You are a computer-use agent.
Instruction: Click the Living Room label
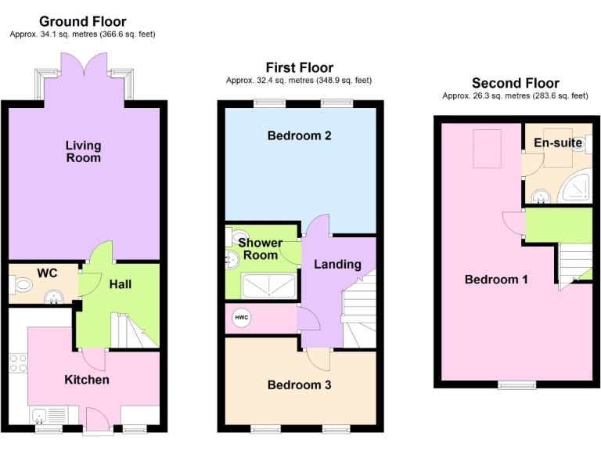point(83,151)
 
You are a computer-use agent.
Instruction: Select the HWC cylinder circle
point(242,319)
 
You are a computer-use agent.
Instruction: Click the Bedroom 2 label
point(299,135)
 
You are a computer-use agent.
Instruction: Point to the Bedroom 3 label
point(299,384)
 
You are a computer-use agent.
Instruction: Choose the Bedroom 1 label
point(496,280)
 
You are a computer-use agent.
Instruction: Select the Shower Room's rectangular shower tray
point(269,286)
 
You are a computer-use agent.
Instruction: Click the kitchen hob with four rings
point(17,364)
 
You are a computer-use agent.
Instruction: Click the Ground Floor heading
point(82,21)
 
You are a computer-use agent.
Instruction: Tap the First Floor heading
point(299,67)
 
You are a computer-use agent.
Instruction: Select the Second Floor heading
point(515,83)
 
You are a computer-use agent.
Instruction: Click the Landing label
point(337,264)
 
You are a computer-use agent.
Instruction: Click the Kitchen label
point(86,380)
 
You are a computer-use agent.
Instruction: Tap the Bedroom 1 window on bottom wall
point(517,384)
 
